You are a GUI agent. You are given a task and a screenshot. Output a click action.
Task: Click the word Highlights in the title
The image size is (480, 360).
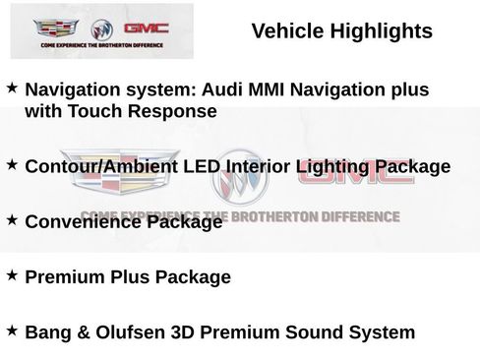coord(380,31)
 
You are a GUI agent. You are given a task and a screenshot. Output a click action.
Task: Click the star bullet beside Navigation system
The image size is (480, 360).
coord(11,88)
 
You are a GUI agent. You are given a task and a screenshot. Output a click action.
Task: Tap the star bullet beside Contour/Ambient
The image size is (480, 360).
coord(11,164)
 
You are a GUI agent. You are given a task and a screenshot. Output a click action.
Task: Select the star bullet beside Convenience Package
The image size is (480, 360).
coord(11,219)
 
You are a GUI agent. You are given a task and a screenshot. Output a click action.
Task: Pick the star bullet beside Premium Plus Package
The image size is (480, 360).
coord(11,275)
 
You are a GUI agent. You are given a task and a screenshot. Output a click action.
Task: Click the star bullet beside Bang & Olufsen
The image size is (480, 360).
coord(11,330)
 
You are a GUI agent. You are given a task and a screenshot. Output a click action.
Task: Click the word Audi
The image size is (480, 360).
coord(221,90)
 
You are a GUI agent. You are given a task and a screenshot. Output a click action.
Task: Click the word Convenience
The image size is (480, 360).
coord(84,222)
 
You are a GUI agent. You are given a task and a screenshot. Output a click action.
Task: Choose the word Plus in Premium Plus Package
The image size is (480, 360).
coord(133,277)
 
